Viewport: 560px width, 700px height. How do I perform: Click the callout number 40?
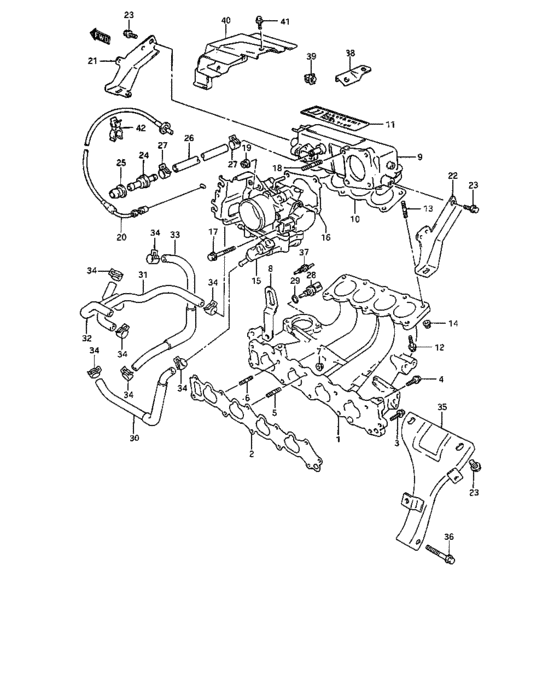(225, 20)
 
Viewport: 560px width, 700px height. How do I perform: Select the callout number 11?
(391, 123)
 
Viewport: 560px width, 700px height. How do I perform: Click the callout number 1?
(337, 437)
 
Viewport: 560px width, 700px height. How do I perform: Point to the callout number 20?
(121, 238)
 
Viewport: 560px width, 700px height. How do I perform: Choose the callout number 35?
(443, 407)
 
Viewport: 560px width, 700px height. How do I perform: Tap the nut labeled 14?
(429, 325)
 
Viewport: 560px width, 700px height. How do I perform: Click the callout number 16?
(325, 238)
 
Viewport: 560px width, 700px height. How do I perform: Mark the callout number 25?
(120, 163)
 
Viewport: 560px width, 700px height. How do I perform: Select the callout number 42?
(140, 129)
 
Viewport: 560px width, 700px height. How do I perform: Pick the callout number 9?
(419, 156)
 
